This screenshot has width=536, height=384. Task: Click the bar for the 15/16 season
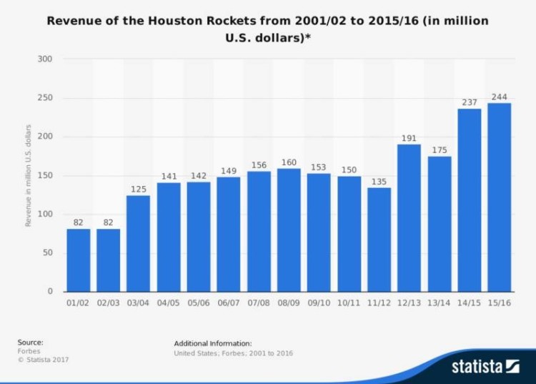[x=500, y=197]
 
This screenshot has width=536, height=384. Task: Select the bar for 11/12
[x=379, y=240]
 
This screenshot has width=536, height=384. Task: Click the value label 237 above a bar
[x=470, y=102]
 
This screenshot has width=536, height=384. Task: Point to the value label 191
[x=409, y=137]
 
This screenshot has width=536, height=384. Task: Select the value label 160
[x=289, y=162]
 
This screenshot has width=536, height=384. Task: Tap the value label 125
[x=139, y=189]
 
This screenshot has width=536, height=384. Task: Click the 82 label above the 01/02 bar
[x=79, y=222]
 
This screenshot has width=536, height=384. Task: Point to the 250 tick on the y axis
[x=44, y=98]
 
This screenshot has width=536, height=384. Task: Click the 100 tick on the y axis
[x=44, y=215]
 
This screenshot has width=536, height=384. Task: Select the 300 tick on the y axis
[x=44, y=59]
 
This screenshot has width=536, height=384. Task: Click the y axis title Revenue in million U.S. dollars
[x=29, y=175]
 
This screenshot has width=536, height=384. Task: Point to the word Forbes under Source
[x=29, y=351]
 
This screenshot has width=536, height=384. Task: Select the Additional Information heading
[x=212, y=343]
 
